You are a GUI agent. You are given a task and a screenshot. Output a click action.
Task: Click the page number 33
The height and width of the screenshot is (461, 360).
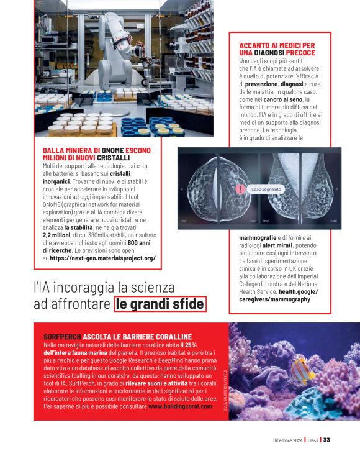(x=326, y=440)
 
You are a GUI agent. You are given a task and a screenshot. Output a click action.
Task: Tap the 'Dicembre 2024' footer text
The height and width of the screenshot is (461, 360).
(x=287, y=440)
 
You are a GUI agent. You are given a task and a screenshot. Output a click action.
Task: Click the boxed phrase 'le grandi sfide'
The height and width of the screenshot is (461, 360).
(x=160, y=304)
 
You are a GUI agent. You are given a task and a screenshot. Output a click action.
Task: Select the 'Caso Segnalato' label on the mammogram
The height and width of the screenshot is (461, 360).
(x=266, y=188)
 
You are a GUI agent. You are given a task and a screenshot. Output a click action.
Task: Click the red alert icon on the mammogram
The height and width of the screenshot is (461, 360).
(x=240, y=189)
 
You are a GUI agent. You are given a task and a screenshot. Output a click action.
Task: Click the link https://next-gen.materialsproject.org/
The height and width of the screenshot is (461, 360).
(x=102, y=257)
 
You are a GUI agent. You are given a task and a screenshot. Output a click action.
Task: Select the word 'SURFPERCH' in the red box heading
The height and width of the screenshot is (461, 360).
(x=62, y=337)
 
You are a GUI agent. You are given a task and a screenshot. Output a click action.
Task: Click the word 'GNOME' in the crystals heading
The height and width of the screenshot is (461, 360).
(x=112, y=151)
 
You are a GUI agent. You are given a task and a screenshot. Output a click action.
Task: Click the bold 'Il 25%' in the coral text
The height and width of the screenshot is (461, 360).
(x=187, y=344)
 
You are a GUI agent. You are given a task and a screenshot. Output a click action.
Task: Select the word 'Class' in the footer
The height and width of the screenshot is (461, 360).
(x=312, y=440)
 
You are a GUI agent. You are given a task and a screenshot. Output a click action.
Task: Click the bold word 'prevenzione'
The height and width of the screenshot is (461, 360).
(x=256, y=84)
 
